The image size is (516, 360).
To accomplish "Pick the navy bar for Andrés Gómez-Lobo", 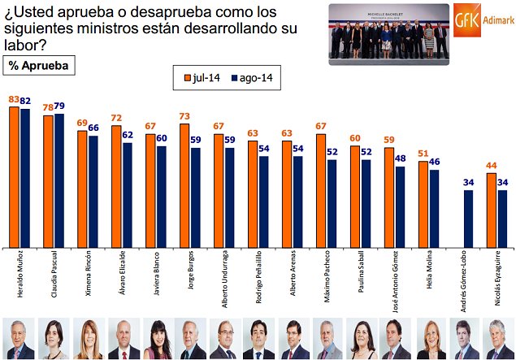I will click(468, 217).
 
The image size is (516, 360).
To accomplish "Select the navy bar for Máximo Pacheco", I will click(332, 202).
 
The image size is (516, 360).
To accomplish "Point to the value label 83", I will click(14, 100).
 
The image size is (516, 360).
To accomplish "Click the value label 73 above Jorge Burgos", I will click(184, 117).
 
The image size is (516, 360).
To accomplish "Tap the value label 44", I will click(492, 166).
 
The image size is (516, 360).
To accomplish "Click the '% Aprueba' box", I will click(39, 65).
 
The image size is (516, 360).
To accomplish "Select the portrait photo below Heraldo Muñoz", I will click(20, 339).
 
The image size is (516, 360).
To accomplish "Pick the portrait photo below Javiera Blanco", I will click(157, 339).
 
